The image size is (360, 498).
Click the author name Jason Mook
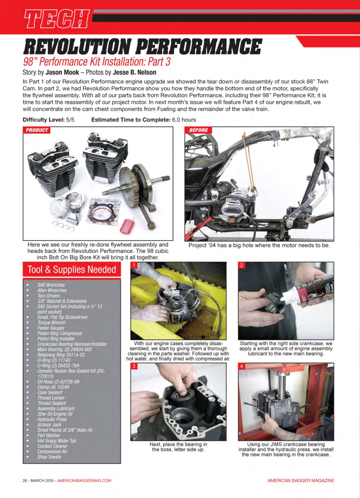click(x=62, y=72)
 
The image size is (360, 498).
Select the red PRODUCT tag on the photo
click(x=37, y=130)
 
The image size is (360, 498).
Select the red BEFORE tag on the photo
click(x=199, y=130)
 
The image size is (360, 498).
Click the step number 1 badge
click(x=134, y=265)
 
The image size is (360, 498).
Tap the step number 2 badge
click(x=241, y=265)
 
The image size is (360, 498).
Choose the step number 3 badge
click(x=134, y=366)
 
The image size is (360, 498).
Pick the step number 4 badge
click(x=241, y=366)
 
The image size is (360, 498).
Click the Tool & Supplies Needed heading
click(x=72, y=270)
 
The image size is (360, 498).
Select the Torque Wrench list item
click(x=51, y=323)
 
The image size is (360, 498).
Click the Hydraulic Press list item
click(x=52, y=419)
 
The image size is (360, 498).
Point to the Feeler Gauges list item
click(x=51, y=328)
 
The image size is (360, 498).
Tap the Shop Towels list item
click(x=49, y=457)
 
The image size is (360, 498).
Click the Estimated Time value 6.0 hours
click(x=183, y=120)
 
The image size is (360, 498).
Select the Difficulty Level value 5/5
click(x=70, y=120)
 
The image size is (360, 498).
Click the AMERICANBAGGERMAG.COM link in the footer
click(x=84, y=480)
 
